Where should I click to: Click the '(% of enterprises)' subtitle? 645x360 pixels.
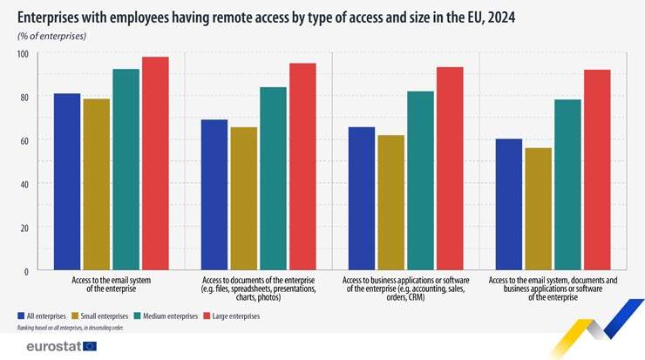click(x=51, y=37)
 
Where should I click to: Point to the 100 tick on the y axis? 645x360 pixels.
click(x=23, y=54)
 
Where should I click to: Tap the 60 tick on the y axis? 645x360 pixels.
click(x=24, y=140)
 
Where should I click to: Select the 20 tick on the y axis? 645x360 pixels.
click(x=24, y=228)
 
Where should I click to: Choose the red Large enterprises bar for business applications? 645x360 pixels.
click(x=450, y=169)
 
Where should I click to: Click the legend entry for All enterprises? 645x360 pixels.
click(x=43, y=316)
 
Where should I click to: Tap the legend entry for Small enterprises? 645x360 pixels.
click(x=101, y=316)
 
